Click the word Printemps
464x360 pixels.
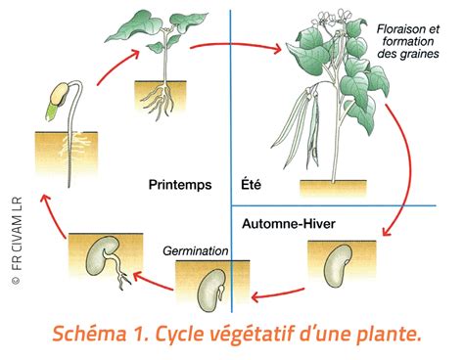[180, 184]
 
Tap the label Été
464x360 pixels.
[251, 184]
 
